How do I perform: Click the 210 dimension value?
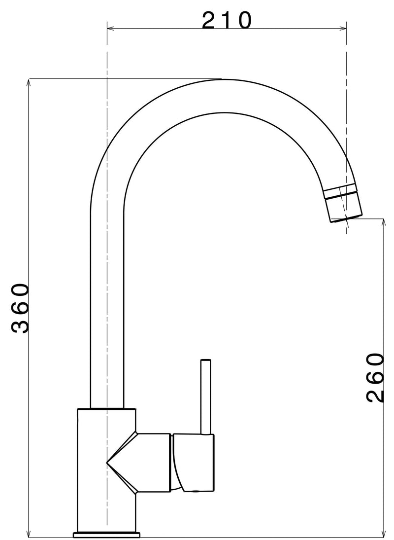227,20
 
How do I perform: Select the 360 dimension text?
20,309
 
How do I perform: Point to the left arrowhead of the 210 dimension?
110,28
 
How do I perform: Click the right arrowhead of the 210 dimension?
343,28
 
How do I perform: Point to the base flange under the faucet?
106,534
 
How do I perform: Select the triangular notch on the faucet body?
121,462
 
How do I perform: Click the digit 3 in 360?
20,325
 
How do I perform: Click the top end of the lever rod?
206,361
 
